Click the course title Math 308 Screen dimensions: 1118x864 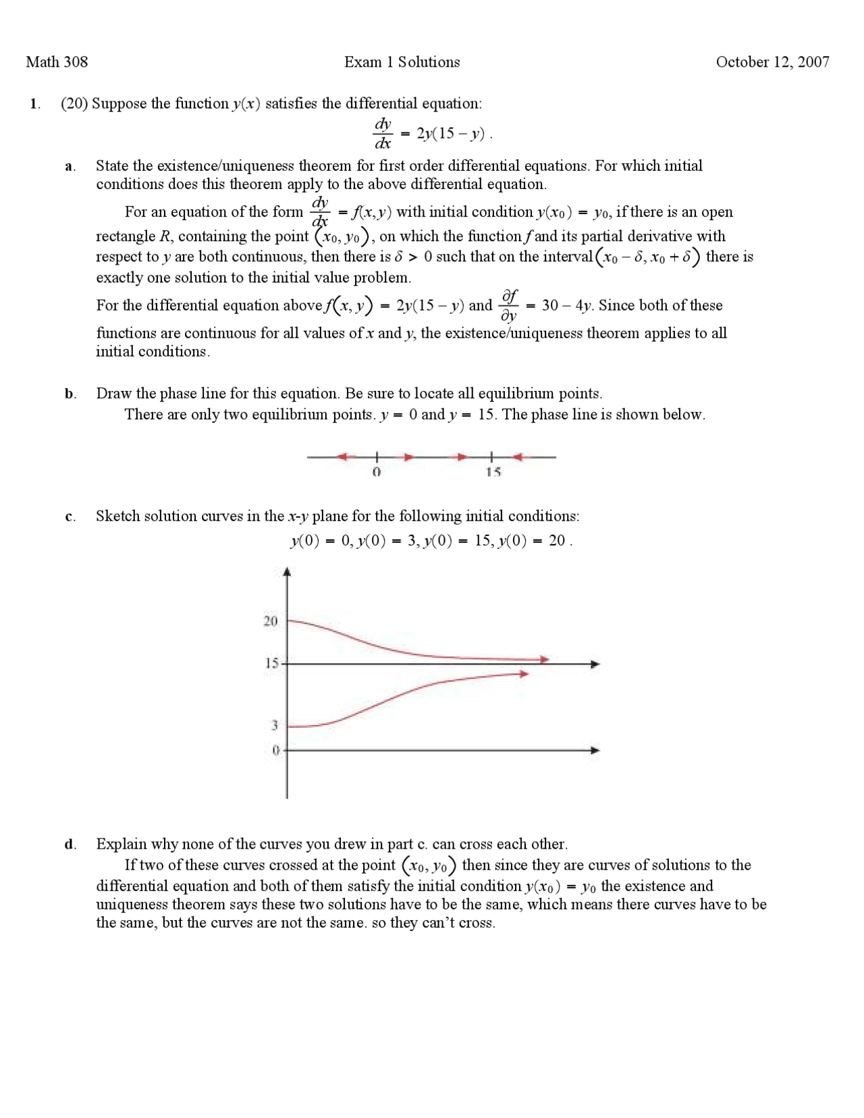coord(57,62)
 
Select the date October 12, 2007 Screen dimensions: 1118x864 coord(772,62)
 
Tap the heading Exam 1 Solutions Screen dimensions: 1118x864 coord(402,62)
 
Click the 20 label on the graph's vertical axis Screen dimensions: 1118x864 coord(270,621)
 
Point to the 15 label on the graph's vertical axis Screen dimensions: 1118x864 coord(271,664)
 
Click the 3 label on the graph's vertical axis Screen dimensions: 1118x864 coord(275,726)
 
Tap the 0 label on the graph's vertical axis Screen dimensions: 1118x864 coord(275,750)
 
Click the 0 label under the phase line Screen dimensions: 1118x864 coord(377,473)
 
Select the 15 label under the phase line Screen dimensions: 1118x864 coord(493,473)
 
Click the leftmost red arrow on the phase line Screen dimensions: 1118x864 coord(345,457)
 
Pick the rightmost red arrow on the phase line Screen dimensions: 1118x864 coord(518,457)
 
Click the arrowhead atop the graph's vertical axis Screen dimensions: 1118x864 coord(288,573)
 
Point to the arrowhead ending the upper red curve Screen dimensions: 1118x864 coord(544,659)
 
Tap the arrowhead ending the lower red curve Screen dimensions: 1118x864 coord(523,673)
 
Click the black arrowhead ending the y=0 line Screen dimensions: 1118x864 coord(595,750)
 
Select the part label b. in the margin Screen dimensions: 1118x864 coord(70,394)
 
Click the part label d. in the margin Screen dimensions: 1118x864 coord(70,844)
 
